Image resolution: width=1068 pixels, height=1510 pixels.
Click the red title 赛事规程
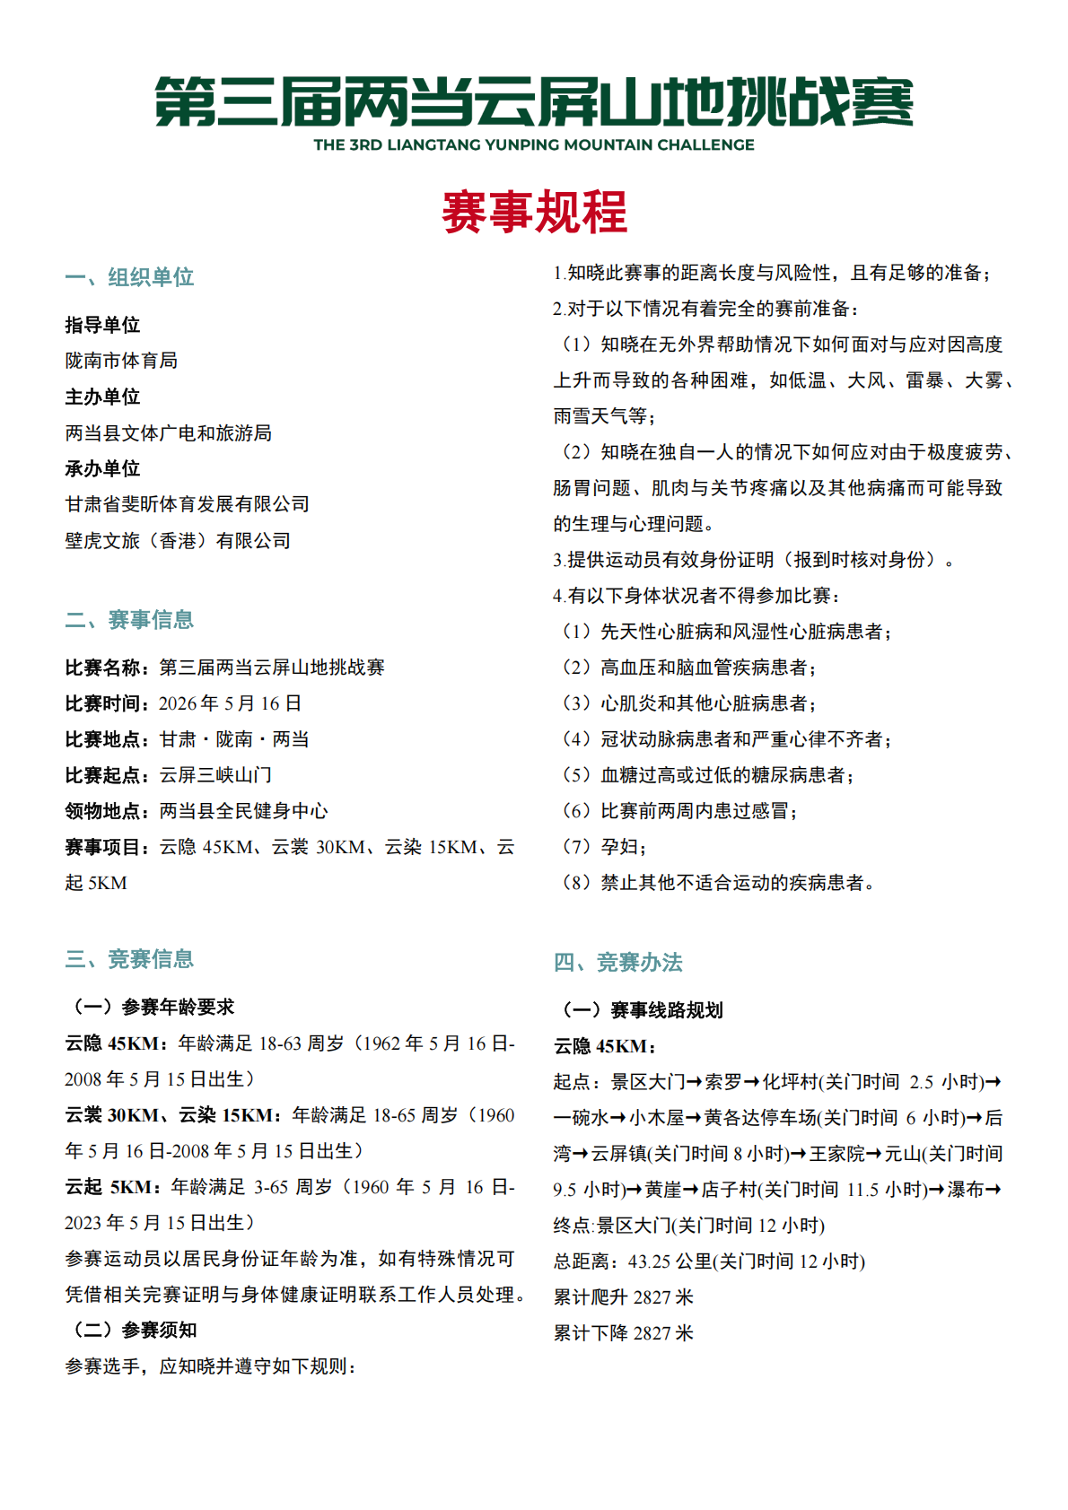point(534,213)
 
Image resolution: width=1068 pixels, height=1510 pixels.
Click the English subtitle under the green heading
point(534,144)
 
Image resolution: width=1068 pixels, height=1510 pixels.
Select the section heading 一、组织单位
point(129,277)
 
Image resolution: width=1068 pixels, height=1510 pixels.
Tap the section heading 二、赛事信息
point(129,620)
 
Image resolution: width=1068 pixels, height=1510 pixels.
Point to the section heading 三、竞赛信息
point(129,959)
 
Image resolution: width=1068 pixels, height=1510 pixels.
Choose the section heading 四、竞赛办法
point(618,963)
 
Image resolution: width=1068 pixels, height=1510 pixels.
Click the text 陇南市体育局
point(121,361)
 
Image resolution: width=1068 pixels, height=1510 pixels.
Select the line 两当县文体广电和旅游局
point(169,433)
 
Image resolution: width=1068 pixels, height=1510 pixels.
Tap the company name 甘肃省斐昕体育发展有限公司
point(188,504)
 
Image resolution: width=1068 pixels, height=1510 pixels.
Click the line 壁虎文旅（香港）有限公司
point(178,541)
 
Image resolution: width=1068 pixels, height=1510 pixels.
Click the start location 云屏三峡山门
point(215,775)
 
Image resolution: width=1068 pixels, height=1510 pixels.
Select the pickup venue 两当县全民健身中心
point(243,811)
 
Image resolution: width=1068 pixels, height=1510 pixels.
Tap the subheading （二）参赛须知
point(131,1330)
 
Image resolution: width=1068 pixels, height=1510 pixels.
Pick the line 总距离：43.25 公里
point(709,1261)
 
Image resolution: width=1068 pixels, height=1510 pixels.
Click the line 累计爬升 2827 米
point(624,1297)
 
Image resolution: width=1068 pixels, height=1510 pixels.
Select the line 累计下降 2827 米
point(624,1333)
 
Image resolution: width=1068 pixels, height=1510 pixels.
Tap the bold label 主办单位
point(102,397)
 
